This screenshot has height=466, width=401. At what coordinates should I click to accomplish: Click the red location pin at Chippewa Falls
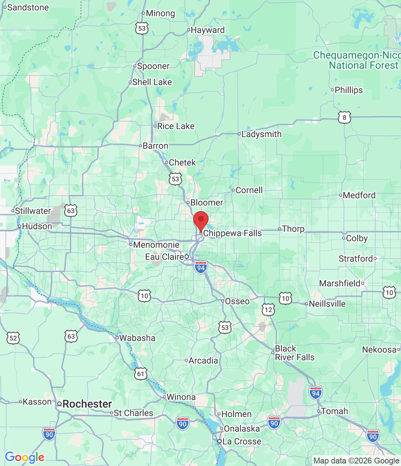pyautogui.click(x=200, y=220)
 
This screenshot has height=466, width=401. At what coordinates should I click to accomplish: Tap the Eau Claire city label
pyautogui.click(x=165, y=257)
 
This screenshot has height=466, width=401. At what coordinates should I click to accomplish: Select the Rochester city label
pyautogui.click(x=87, y=404)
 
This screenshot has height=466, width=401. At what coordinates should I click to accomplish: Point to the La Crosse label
pyautogui.click(x=242, y=442)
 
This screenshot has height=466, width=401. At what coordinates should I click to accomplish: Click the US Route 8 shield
pyautogui.click(x=344, y=118)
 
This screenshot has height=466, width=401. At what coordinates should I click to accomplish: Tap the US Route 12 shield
pyautogui.click(x=268, y=310)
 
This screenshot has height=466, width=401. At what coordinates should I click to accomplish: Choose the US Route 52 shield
pyautogui.click(x=13, y=338)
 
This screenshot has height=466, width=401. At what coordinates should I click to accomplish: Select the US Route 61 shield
pyautogui.click(x=141, y=374)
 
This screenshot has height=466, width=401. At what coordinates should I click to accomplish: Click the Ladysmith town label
pyautogui.click(x=261, y=134)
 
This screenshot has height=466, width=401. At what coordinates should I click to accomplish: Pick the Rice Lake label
pyautogui.click(x=176, y=126)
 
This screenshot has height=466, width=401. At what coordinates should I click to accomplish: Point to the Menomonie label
pyautogui.click(x=156, y=245)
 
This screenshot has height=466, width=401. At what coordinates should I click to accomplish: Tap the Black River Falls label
pyautogui.click(x=294, y=353)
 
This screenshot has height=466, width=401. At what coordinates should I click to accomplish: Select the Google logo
pyautogui.click(x=24, y=457)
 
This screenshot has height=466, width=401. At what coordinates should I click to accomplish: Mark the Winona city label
pyautogui.click(x=181, y=397)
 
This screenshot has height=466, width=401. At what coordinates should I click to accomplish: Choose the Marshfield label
pyautogui.click(x=339, y=283)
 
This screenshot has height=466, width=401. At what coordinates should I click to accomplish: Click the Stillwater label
pyautogui.click(x=33, y=211)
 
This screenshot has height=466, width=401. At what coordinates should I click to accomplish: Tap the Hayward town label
pyautogui.click(x=207, y=30)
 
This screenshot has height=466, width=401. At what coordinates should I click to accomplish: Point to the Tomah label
pyautogui.click(x=334, y=411)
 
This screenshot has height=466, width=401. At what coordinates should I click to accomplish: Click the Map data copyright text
pyautogui.click(x=356, y=461)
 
